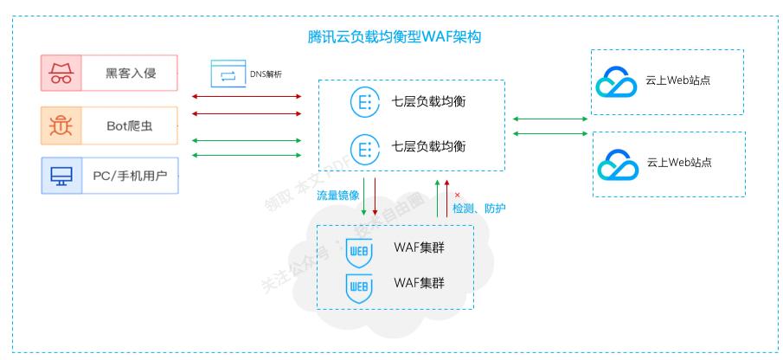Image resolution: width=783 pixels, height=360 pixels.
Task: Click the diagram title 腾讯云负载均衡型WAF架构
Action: [394, 37]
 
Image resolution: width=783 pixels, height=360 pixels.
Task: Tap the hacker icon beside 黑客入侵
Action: [61, 73]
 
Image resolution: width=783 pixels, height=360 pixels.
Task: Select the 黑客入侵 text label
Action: [131, 73]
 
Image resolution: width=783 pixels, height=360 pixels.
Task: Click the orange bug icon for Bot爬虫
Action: [61, 125]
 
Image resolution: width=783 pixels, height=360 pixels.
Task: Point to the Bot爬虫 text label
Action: [131, 125]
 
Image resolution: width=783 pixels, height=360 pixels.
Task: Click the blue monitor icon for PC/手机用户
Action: [61, 177]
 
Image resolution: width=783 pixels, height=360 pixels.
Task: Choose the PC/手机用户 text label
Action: [131, 177]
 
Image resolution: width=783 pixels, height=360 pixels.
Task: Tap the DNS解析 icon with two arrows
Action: [228, 74]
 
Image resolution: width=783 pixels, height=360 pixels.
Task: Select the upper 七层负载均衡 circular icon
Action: [363, 101]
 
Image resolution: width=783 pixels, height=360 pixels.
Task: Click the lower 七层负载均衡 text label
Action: [429, 146]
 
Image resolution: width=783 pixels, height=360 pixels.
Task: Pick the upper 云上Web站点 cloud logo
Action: [617, 82]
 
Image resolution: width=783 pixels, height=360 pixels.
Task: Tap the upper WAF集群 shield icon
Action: [359, 252]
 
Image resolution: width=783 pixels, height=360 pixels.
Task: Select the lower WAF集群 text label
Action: [420, 282]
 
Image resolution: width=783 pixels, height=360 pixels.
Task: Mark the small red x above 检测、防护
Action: [457, 195]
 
